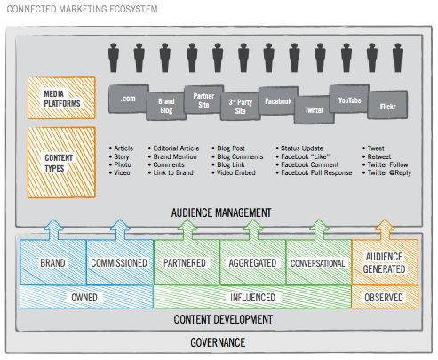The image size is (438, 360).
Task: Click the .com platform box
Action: click(x=128, y=99)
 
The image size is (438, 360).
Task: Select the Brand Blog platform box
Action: click(x=166, y=106)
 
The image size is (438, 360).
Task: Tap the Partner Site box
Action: click(x=203, y=100)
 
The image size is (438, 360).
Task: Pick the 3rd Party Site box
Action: click(x=241, y=106)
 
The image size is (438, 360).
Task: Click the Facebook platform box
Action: click(x=278, y=100)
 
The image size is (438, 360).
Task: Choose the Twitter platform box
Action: click(x=315, y=110)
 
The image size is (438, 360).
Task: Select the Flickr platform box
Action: click(x=387, y=105)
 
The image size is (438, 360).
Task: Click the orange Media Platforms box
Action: click(x=61, y=98)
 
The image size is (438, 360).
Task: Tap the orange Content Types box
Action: click(x=61, y=163)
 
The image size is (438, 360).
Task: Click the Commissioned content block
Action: click(x=120, y=262)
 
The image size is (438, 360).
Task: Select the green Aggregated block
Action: click(x=252, y=262)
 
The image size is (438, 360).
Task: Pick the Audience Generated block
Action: click(x=385, y=262)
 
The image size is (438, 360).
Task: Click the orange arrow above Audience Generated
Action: click(x=385, y=230)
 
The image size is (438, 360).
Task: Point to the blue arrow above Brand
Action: click(x=53, y=230)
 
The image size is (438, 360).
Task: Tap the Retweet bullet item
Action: click(x=377, y=156)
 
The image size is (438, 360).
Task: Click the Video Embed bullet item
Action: click(x=234, y=172)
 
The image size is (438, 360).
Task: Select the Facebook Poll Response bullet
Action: click(x=314, y=172)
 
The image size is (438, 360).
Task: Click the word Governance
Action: click(x=218, y=342)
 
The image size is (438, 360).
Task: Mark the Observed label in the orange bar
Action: click(x=384, y=298)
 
